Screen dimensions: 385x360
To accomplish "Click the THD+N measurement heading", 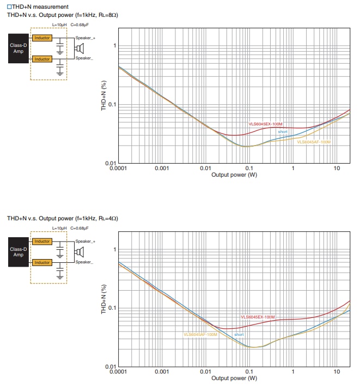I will point(38,7).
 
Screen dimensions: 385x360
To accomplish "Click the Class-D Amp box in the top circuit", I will point(19,49).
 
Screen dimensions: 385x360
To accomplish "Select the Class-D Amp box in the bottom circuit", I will point(19,252).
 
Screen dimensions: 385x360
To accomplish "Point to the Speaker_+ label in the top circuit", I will point(85,38).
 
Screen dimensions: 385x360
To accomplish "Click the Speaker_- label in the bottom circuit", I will point(84,262).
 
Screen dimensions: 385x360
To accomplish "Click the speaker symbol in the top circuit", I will point(79,48).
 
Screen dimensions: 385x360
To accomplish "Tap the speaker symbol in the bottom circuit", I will point(79,251).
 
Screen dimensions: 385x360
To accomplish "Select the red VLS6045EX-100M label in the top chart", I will point(265,124).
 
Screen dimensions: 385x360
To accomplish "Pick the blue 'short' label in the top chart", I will point(283,132).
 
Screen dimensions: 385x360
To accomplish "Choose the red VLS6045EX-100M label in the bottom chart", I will point(258,317).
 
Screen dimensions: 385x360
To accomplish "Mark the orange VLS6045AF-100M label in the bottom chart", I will point(200,334).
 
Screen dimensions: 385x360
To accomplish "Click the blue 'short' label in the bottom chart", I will point(239,334).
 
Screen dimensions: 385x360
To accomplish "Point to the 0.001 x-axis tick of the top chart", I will point(162,169).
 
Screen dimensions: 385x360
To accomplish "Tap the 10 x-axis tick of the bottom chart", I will point(337,371).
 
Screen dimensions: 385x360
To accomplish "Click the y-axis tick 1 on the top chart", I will point(114,45).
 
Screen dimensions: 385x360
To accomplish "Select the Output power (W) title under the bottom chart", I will point(234,378).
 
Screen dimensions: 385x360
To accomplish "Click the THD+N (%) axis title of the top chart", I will point(103,97).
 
